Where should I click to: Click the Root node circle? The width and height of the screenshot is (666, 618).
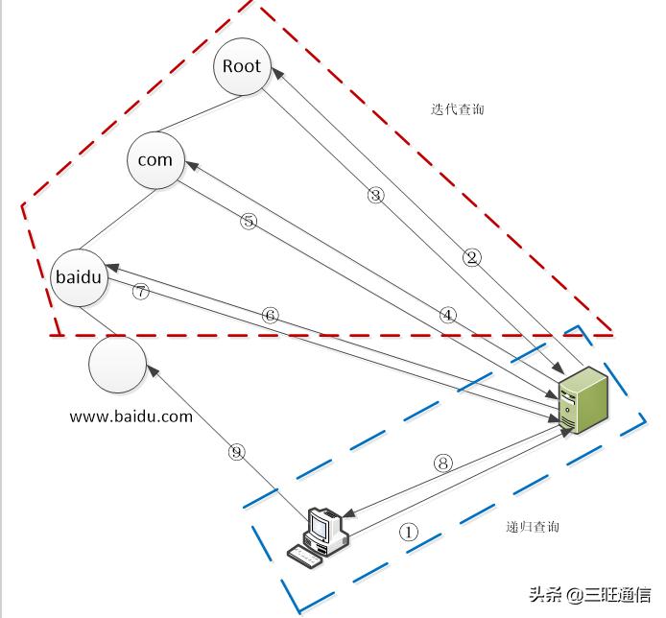tap(242, 66)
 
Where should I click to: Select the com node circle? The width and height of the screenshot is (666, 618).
tap(155, 160)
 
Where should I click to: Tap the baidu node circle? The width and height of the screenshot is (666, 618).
tap(79, 277)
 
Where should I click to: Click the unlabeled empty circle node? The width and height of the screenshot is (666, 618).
tap(117, 366)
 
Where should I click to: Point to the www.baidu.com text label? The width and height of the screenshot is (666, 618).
tap(131, 416)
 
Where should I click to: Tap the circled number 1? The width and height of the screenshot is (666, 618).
tap(409, 531)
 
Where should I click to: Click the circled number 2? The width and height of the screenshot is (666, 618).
tap(471, 256)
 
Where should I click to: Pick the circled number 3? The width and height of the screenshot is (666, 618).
tap(375, 195)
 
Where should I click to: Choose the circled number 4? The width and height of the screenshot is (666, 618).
tap(447, 314)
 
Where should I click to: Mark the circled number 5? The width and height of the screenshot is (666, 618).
tap(249, 221)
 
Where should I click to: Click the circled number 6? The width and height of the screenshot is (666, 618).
tap(270, 315)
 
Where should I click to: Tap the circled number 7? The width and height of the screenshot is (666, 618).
tap(141, 293)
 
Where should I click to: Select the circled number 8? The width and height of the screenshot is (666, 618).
tap(442, 463)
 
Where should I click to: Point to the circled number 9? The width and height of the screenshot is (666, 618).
tap(237, 452)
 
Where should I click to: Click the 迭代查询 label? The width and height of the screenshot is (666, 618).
tap(458, 109)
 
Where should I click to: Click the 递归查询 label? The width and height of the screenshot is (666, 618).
tap(533, 527)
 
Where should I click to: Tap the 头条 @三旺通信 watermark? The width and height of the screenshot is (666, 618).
tap(594, 595)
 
